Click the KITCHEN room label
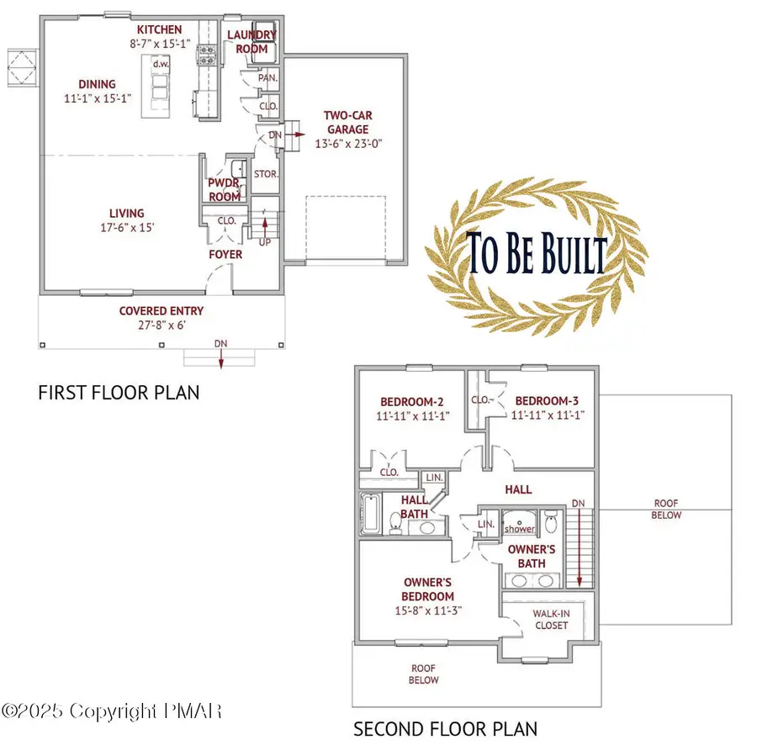tap(159, 29)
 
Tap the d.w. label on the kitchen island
tap(157, 64)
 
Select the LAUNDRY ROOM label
tap(251, 41)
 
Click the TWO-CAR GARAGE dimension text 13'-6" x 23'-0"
tap(347, 144)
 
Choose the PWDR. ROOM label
tap(225, 190)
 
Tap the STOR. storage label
tap(266, 175)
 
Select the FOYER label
tap(225, 254)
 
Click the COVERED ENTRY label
tap(161, 310)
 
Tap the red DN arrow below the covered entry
tap(220, 358)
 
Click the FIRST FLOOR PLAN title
tap(119, 392)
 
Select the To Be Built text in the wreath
tap(537, 255)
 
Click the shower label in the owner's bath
tap(519, 529)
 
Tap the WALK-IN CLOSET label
tap(551, 620)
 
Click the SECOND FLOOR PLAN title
tap(445, 728)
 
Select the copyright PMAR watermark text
tap(112, 711)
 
